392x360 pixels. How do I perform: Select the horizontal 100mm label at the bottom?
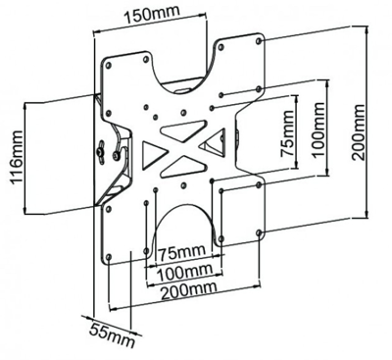pyautogui.click(x=183, y=271)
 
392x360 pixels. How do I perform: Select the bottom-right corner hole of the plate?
pyautogui.click(x=260, y=231)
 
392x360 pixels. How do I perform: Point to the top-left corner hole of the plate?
pyautogui.click(x=108, y=66)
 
